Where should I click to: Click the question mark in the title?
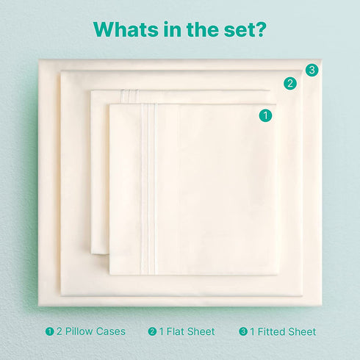pos(259,29)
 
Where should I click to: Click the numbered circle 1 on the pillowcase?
pos(265,115)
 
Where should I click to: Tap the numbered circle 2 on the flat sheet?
pos(290,84)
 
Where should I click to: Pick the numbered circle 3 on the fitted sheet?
pos(312,71)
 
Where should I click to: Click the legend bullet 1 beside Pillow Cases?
pos(49,331)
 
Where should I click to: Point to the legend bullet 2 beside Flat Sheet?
pos(152,331)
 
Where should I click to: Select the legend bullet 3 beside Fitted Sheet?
pos(243,331)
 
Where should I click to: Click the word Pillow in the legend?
pos(79,331)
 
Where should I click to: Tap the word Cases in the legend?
pos(111,331)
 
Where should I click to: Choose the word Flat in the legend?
pos(176,331)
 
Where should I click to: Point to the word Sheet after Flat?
pos(201,331)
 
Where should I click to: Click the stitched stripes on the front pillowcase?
pos(148,189)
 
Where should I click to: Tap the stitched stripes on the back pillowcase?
pos(130,97)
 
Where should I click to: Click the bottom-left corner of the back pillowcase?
pos(91,253)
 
